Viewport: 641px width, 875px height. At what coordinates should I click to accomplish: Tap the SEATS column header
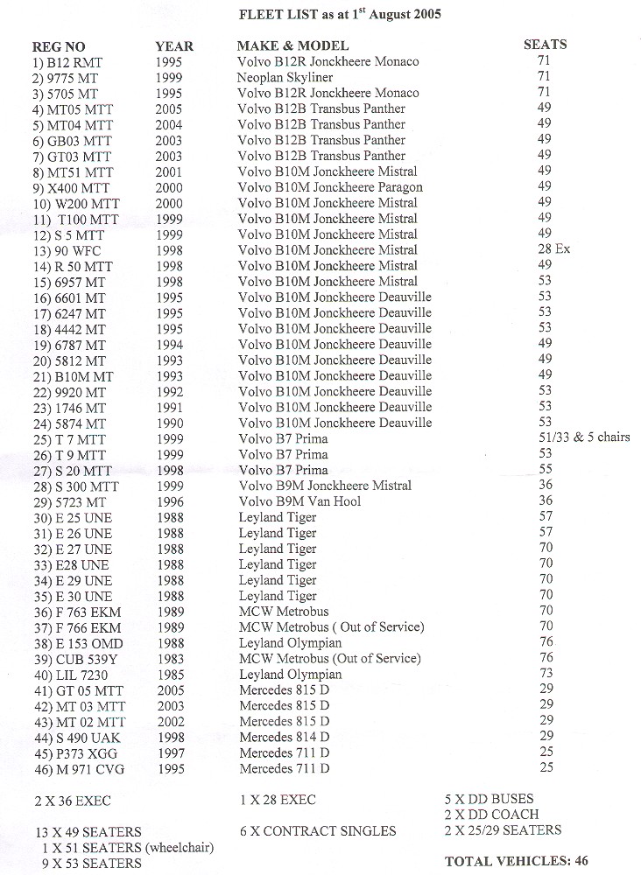tap(545, 45)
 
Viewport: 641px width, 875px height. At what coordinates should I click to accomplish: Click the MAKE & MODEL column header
tap(292, 45)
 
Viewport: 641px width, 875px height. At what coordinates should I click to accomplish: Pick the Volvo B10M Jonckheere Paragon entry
tap(330, 187)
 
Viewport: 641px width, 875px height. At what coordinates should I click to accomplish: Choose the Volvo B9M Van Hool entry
tap(299, 501)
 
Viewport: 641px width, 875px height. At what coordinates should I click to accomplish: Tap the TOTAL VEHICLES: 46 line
tap(517, 861)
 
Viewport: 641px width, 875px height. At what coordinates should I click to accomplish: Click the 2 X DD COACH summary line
tap(491, 815)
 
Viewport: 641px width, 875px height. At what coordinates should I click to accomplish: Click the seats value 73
tap(546, 673)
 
